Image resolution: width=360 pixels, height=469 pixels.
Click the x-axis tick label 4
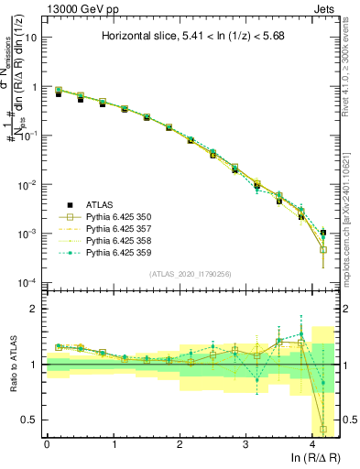pos(312,445)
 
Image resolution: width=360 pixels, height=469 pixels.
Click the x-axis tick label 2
pos(180,445)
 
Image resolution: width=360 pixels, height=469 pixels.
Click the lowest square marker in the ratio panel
pos(323,428)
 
